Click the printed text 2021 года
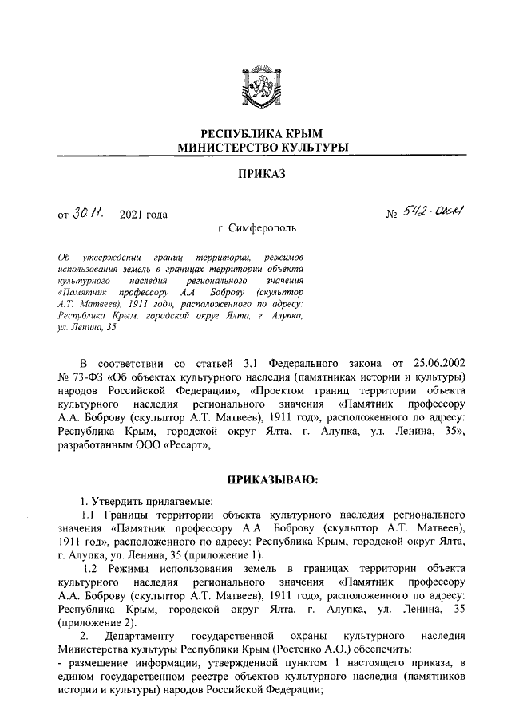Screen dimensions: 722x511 point(143,214)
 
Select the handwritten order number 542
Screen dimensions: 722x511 point(417,213)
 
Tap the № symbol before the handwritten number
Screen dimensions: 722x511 point(392,215)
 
